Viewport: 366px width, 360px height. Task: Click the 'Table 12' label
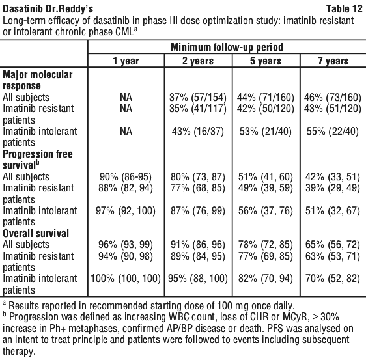344,9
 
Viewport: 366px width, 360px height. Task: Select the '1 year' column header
126,61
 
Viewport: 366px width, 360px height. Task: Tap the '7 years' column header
333,61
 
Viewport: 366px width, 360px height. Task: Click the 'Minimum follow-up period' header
227,48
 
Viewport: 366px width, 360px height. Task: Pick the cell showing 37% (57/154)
198,98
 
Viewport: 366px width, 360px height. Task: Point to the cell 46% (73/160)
333,98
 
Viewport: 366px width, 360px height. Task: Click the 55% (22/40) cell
333,132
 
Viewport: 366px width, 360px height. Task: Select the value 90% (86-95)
126,177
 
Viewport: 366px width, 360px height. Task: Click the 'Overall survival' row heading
36,233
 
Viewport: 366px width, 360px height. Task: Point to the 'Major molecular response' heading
37,80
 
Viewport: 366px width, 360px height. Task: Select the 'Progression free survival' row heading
38,159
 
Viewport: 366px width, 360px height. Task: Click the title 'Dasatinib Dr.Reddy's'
48,9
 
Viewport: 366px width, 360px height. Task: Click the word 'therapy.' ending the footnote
19,352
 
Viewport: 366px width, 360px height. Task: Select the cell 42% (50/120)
266,109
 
